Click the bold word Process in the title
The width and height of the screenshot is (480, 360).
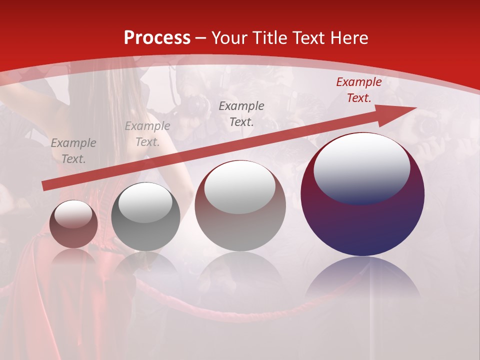click(x=157, y=38)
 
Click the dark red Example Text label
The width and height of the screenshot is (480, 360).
click(x=358, y=90)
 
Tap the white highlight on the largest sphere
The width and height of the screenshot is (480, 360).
click(x=361, y=167)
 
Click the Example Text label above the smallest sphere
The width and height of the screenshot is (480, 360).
click(x=73, y=151)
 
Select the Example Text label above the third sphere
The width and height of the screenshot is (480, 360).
click(x=241, y=113)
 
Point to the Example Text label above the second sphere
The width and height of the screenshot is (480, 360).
click(x=147, y=134)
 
